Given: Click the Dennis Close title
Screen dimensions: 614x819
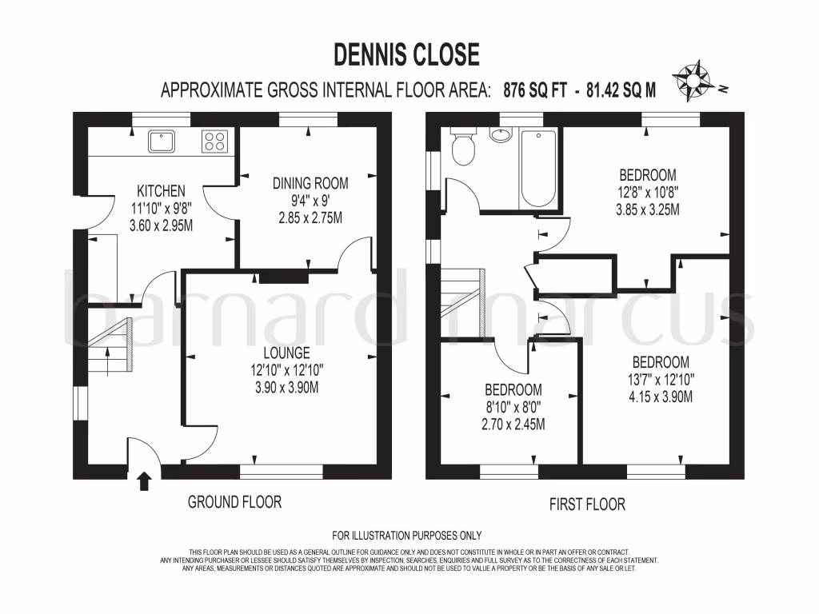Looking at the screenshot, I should click(x=406, y=54).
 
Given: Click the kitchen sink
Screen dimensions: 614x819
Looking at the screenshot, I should click(x=162, y=142).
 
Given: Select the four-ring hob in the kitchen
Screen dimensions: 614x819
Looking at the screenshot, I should click(x=214, y=142).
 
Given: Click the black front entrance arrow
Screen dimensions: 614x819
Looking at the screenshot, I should click(x=144, y=480).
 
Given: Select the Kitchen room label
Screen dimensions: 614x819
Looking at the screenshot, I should click(x=161, y=191).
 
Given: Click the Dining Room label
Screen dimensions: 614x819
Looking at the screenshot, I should click(x=310, y=183).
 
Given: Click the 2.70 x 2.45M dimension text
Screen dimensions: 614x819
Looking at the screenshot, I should click(x=513, y=425).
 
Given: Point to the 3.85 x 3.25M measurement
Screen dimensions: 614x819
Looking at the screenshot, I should click(x=648, y=210).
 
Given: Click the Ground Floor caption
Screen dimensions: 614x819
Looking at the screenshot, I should click(x=234, y=502).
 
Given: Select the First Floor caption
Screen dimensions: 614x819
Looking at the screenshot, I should click(x=587, y=504).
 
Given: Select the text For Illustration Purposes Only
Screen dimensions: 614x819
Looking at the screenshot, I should click(x=406, y=536).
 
